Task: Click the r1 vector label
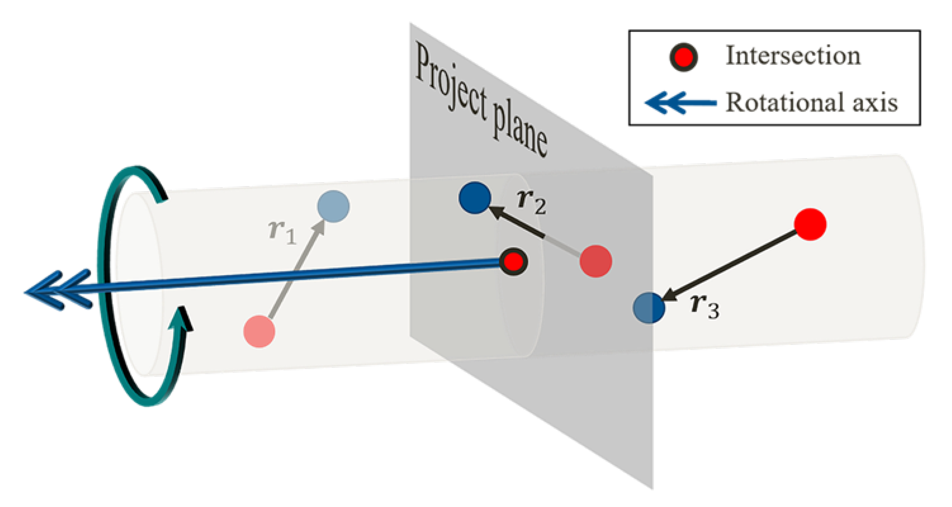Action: pos(282,232)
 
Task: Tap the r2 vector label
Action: pos(531,202)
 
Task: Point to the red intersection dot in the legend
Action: pos(683,57)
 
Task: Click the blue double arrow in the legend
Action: pos(680,103)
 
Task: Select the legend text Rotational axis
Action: pos(812,102)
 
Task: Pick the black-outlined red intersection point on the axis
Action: pos(513,262)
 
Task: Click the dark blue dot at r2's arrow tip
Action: pos(475,198)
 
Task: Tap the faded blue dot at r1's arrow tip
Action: pos(333,206)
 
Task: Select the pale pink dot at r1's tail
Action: pos(259,331)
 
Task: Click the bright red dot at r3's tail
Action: pos(810,224)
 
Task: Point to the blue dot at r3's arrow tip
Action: pos(649,307)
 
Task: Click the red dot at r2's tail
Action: pos(596,261)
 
